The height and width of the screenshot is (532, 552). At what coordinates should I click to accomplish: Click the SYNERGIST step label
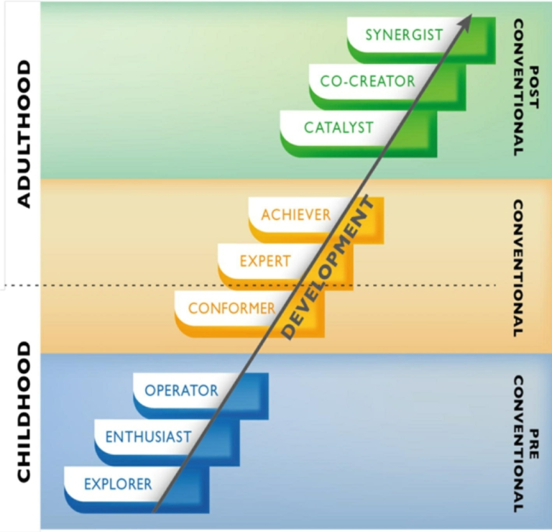tap(404, 35)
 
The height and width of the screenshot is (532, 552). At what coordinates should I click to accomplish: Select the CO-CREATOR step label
tap(367, 81)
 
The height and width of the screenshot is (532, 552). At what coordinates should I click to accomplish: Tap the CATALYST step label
tap(339, 127)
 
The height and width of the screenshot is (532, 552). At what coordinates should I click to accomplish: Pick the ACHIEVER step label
tap(296, 214)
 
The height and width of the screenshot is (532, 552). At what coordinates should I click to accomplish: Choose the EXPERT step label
tap(265, 261)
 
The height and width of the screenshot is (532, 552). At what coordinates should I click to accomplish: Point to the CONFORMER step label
tap(231, 308)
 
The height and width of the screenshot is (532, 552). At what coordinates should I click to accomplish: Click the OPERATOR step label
tap(181, 390)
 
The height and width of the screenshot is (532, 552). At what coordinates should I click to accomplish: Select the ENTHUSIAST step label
tap(148, 437)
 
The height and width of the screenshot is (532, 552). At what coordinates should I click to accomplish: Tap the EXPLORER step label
tap(118, 484)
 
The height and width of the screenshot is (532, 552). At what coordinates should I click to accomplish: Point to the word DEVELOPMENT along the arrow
tap(327, 267)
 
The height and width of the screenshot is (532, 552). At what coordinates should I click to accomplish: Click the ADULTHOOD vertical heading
tap(24, 134)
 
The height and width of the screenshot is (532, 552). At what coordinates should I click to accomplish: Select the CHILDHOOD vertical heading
tap(24, 412)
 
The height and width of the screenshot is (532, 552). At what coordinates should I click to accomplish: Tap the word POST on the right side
tap(534, 87)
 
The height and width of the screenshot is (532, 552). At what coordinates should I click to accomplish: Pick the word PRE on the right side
tap(534, 444)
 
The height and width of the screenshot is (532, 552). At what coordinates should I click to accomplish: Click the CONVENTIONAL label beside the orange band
tap(517, 268)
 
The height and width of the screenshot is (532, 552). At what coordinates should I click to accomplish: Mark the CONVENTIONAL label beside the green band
tap(517, 88)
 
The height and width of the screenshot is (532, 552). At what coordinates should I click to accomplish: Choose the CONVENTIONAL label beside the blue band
tap(517, 444)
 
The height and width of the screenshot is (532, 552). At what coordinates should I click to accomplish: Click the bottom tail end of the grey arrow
tap(155, 511)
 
